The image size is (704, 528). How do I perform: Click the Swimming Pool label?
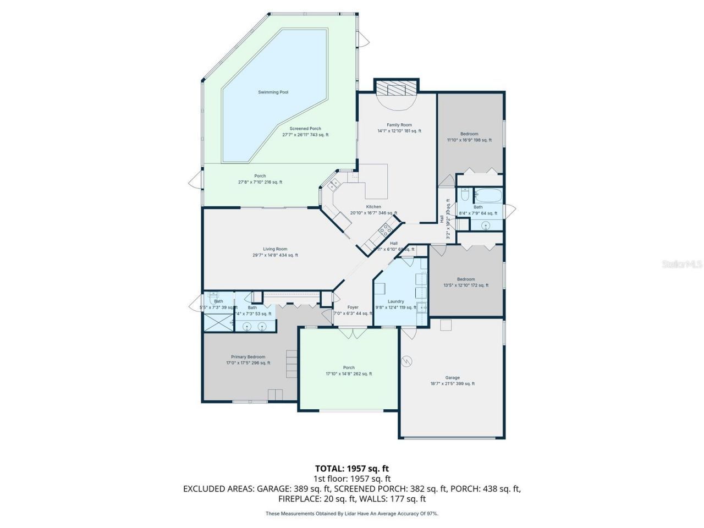273,92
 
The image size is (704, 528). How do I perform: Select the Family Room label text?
399,125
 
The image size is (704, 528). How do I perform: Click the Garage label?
452,378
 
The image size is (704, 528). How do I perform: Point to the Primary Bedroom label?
248,357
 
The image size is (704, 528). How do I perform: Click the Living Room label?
275,249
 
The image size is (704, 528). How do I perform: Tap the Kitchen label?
373,207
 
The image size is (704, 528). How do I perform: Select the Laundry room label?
395,301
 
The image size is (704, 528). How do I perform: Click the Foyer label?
353,307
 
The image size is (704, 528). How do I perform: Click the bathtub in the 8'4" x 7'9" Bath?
488,196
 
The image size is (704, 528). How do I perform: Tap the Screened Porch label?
305,129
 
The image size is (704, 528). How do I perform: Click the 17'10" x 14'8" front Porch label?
349,367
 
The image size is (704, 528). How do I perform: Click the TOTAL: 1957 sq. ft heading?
352,469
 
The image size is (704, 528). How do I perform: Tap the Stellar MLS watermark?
682,265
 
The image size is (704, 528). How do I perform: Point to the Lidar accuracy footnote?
352,513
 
